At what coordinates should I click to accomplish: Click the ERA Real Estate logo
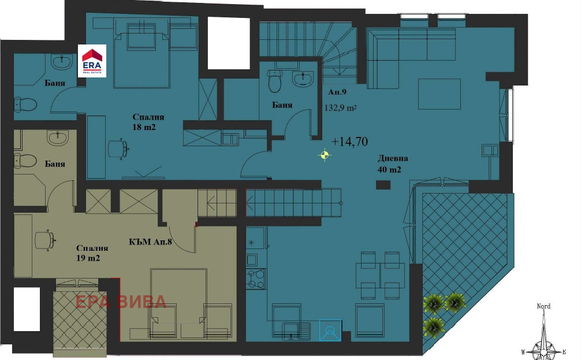point(92,61)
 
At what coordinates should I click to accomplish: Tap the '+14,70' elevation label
point(349,142)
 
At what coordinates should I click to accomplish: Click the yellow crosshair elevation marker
point(324,155)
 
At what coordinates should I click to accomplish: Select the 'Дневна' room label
point(393,158)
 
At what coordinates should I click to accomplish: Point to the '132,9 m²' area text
point(341,108)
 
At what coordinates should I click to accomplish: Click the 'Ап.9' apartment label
point(337,92)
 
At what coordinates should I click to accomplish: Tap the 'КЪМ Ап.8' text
point(150,242)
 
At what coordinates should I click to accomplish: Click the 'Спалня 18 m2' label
point(148,122)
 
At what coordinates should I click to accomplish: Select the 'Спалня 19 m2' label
point(92,253)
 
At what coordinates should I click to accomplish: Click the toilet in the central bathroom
point(275,81)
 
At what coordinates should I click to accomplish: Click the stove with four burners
point(256,279)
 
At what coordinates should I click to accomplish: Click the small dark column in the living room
point(383,185)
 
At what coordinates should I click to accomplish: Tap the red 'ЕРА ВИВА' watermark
point(121,302)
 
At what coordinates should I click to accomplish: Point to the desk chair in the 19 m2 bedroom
point(45,240)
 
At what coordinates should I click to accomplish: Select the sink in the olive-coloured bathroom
point(58,138)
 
